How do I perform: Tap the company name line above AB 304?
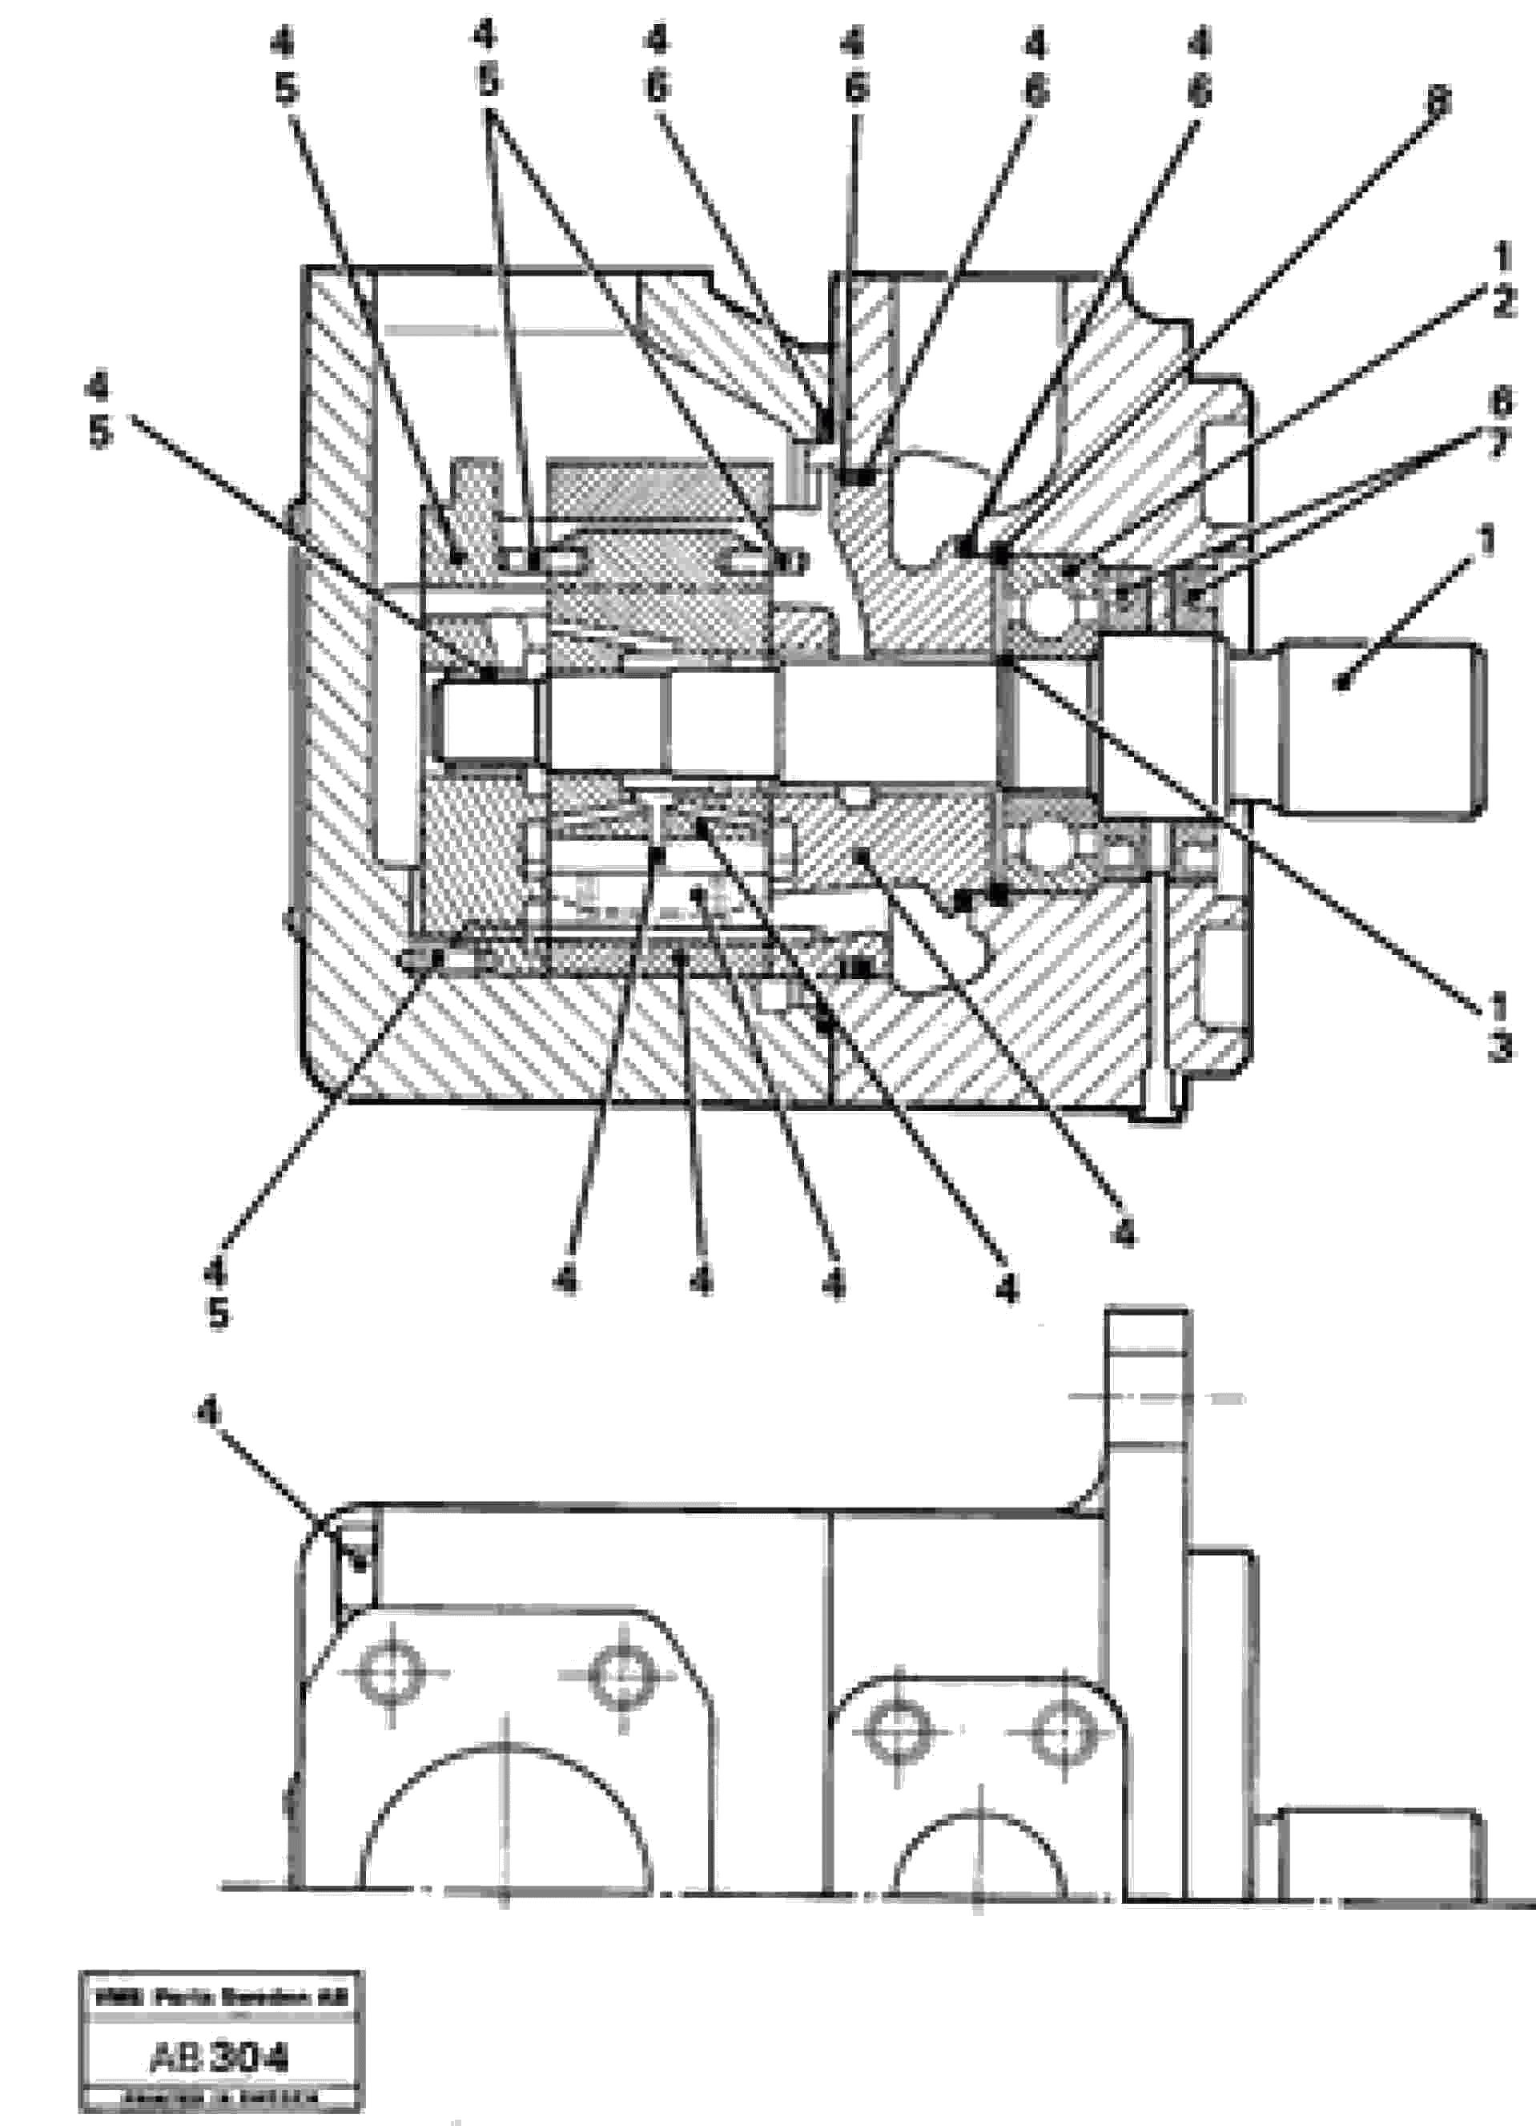[221, 1998]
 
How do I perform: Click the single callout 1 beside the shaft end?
[1486, 541]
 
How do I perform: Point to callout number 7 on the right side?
[1498, 445]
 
